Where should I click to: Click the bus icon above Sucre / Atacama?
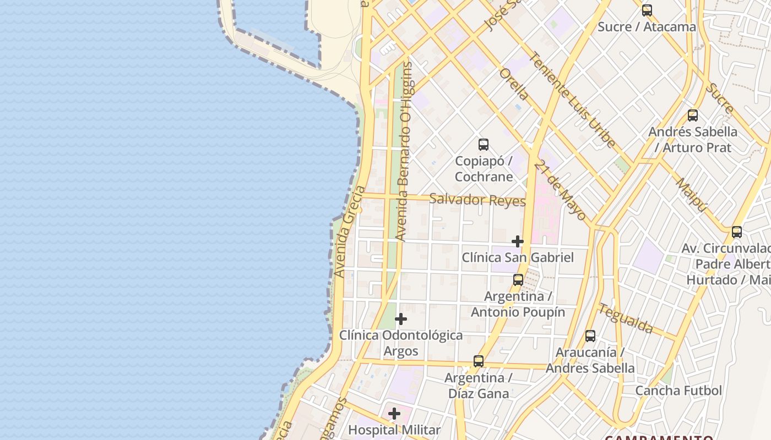(647, 10)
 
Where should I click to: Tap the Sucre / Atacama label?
(647, 26)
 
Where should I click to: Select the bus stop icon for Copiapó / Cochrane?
(484, 145)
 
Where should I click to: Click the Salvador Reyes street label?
(477, 200)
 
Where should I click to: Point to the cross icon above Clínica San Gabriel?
(518, 241)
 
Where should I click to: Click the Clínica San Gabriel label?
(518, 257)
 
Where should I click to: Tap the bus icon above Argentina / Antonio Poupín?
(518, 280)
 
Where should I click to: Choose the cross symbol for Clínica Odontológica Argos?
(401, 319)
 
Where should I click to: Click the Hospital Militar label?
(394, 430)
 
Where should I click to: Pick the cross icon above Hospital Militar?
(394, 414)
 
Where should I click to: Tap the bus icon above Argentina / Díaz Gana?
(479, 361)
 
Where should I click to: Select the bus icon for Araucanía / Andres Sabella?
(590, 335)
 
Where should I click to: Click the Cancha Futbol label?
(678, 391)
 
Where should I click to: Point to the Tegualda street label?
(626, 318)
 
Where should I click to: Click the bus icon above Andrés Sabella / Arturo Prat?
(693, 116)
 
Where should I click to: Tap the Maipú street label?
(691, 195)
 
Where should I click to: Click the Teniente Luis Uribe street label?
(573, 100)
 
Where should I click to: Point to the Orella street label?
(514, 84)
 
